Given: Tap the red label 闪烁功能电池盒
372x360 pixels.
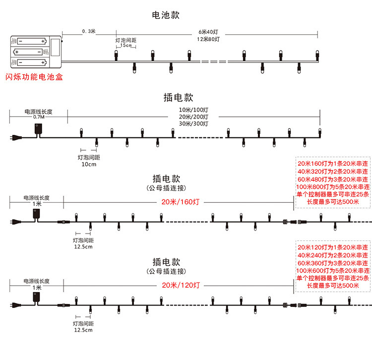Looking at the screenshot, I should coord(34,77).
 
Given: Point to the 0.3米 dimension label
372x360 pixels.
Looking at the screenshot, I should coord(89,32).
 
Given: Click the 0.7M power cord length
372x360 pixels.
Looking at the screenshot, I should coord(38,117).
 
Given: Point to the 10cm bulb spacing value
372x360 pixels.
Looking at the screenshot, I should coord(89,164).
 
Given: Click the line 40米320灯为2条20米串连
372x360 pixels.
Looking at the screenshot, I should coord(332,171).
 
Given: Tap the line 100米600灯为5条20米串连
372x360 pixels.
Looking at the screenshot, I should coord(332,270).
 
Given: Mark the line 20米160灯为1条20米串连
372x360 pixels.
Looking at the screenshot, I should coord(332,164).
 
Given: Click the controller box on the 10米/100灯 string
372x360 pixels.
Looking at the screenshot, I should coord(38,128).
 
